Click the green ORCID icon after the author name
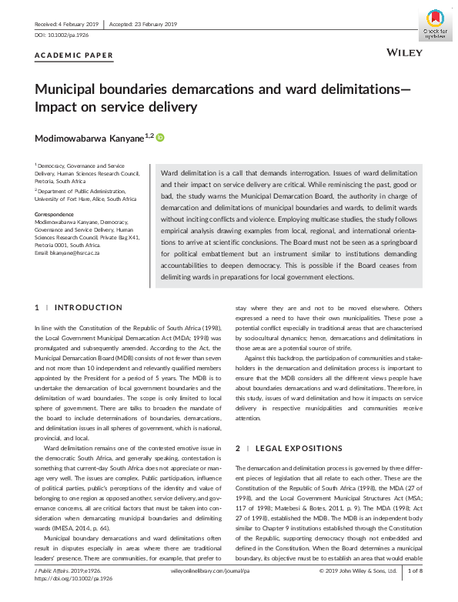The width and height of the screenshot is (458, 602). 161,138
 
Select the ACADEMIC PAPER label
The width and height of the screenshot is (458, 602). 74,55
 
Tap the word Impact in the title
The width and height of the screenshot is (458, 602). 59,107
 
